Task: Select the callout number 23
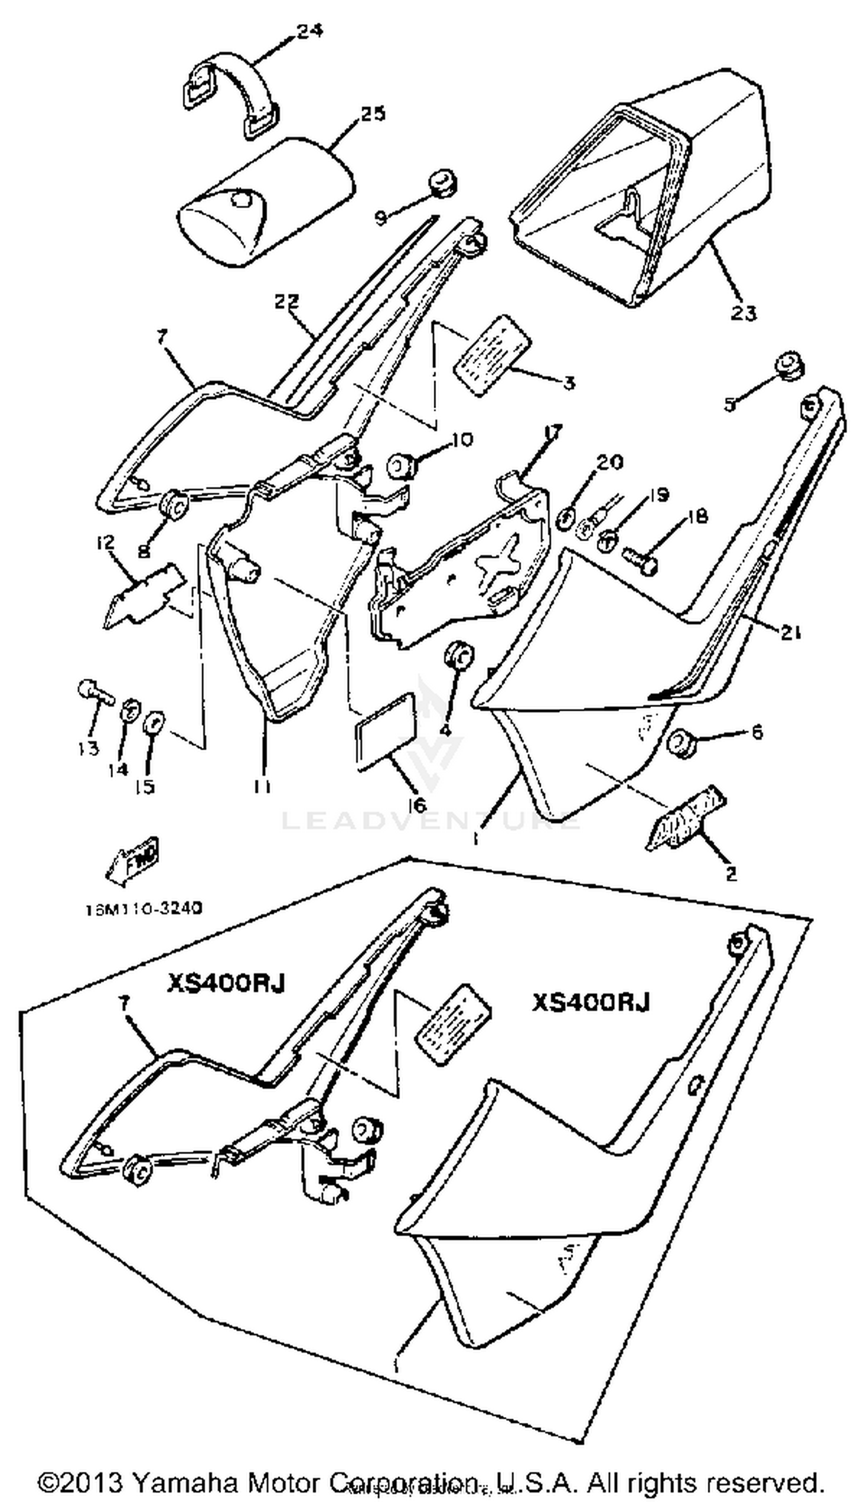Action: click(743, 312)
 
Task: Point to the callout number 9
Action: click(380, 218)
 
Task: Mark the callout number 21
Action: click(789, 633)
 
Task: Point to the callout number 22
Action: click(287, 302)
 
